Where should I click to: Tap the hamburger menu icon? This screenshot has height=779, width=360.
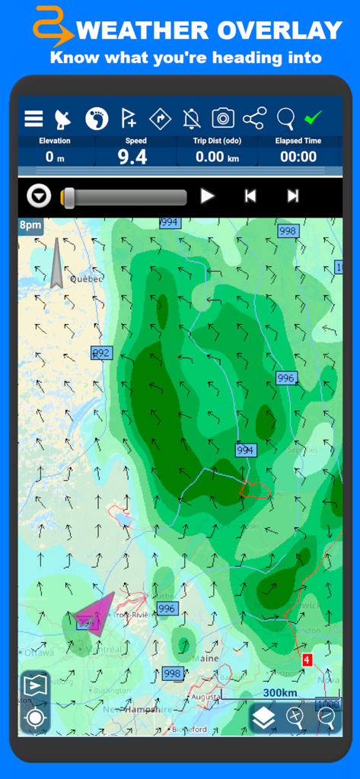point(33,119)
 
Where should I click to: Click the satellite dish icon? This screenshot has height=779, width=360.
point(63,119)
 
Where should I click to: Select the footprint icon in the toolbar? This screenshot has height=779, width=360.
point(96,118)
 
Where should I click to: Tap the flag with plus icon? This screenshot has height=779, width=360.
point(129,119)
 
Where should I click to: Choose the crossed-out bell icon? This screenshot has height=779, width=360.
point(192,119)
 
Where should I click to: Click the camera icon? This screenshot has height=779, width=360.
point(223,118)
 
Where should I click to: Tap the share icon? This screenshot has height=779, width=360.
point(254,118)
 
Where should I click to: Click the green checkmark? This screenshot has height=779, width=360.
point(313,118)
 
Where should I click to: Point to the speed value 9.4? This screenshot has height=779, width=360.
point(132,157)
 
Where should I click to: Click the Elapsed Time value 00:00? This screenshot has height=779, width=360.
point(298,157)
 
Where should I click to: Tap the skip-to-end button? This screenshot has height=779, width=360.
point(293,196)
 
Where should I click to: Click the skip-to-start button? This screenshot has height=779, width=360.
point(250,196)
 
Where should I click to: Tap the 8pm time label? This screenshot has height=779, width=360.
point(30,225)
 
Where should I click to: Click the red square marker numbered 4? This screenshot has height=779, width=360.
point(307,660)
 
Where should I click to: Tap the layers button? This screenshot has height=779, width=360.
point(263,717)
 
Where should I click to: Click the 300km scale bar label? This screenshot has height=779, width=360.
point(279,693)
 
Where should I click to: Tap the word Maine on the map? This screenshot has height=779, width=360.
point(205,658)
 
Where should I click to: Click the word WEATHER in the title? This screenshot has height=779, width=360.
point(144,31)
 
